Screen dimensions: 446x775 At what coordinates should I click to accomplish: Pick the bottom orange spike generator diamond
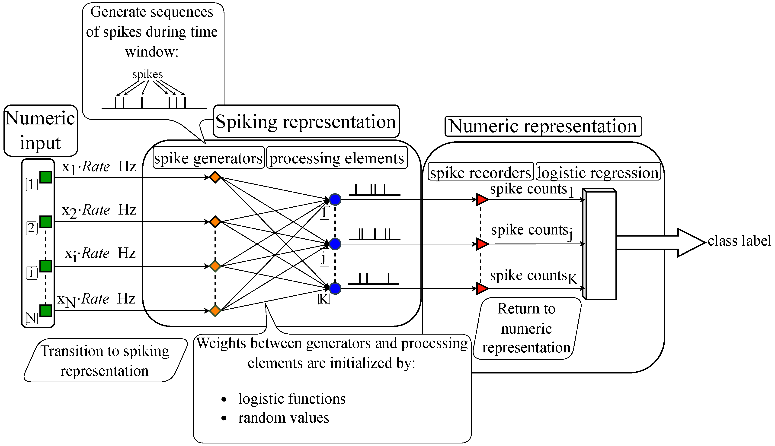[x=215, y=311]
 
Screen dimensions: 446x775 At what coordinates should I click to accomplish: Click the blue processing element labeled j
[x=335, y=244]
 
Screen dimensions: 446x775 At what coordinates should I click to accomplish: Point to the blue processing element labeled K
[x=335, y=288]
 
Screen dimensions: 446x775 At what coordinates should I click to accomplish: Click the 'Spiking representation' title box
[x=306, y=122]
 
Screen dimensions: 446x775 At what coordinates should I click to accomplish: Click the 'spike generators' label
[x=208, y=158]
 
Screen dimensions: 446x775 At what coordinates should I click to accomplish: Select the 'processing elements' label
[x=337, y=158]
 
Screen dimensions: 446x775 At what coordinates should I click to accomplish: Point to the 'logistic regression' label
[x=598, y=172]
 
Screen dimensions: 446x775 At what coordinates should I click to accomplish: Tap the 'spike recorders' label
[x=480, y=172]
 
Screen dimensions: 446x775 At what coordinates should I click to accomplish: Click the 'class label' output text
[x=739, y=241]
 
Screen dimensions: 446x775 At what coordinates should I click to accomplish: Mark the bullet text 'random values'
[x=284, y=418]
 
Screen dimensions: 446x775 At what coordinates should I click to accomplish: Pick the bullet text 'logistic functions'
[x=292, y=399]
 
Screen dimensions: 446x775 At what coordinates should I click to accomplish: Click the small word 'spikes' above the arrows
[x=147, y=74]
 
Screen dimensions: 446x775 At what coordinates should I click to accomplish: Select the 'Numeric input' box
[x=41, y=130]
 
